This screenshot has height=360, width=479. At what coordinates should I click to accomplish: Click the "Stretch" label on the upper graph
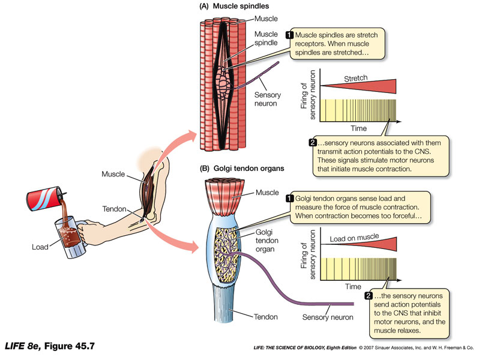[355, 78]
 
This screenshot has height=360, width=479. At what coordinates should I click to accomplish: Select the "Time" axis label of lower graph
[354, 287]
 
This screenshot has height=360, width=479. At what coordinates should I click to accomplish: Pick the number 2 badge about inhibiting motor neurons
[368, 296]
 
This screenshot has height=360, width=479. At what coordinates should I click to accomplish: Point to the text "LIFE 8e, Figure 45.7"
[50, 347]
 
